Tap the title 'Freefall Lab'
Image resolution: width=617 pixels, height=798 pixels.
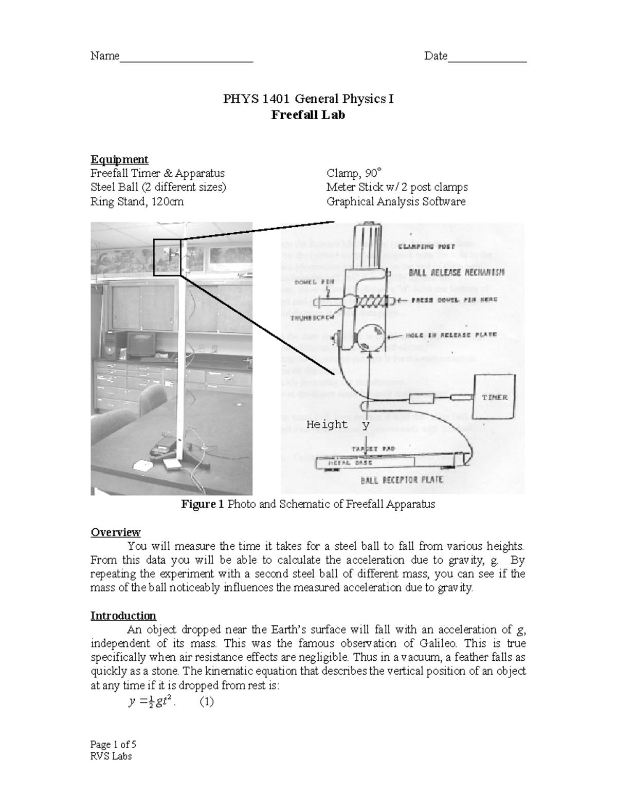[308, 115]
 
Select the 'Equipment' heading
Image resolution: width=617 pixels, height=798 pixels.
[119, 159]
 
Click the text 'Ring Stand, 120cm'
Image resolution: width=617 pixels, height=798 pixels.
[137, 201]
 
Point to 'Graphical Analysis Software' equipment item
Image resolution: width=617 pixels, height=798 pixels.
[396, 201]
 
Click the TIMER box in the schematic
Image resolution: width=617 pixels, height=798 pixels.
[494, 397]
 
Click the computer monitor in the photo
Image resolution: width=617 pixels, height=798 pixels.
[141, 344]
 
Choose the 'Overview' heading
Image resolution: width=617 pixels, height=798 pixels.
[116, 532]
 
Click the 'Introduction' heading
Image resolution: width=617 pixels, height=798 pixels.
[123, 616]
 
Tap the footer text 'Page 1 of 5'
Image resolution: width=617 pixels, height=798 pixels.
[113, 745]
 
